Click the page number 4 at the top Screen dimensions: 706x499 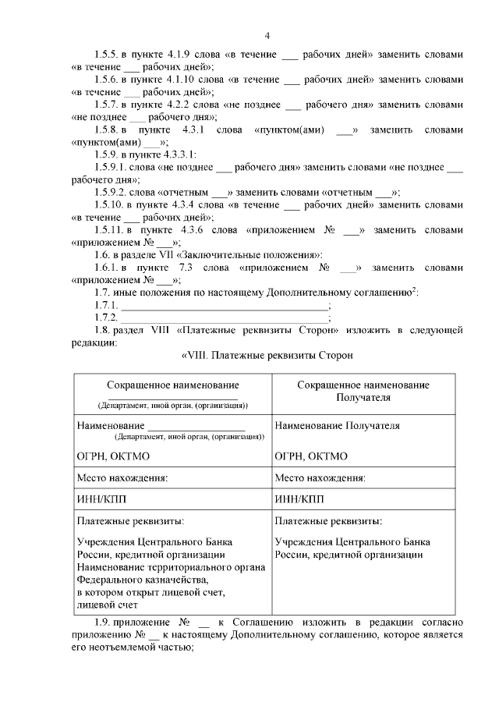(x=267, y=36)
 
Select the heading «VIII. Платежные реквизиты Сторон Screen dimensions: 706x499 (x=267, y=356)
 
